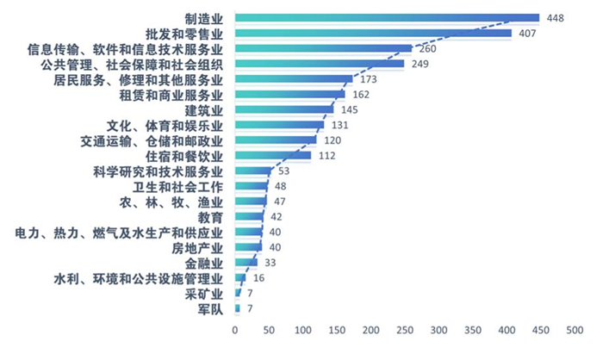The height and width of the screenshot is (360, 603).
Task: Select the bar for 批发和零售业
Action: pyautogui.click(x=372, y=34)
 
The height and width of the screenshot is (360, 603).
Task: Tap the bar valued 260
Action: pyautogui.click(x=323, y=48)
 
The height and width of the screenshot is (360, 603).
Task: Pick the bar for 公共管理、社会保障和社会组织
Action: pyautogui.click(x=319, y=64)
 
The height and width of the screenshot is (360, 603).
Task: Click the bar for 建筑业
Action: pyautogui.click(x=283, y=110)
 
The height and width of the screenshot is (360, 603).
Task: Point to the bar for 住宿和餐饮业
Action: pyautogui.click(x=272, y=156)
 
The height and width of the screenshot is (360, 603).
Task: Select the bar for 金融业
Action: pyautogui.click(x=246, y=263)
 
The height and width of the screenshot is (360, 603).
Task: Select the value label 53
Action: pyautogui.click(x=284, y=171)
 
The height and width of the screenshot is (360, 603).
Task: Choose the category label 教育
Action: pyautogui.click(x=210, y=217)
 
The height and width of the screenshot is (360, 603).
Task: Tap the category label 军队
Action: pyautogui.click(x=210, y=309)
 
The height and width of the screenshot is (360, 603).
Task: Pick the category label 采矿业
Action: pyautogui.click(x=205, y=294)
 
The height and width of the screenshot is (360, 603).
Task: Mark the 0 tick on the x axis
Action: pyautogui.click(x=235, y=331)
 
